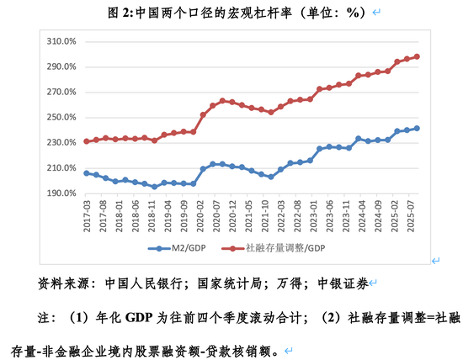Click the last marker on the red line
(x=417, y=57)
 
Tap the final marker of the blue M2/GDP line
(x=417, y=129)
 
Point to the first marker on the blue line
(x=86, y=172)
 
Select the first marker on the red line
(x=86, y=141)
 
